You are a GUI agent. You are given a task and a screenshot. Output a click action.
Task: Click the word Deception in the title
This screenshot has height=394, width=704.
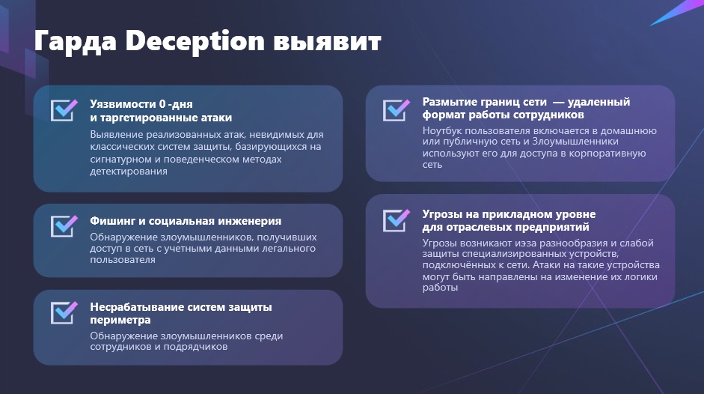[195, 42]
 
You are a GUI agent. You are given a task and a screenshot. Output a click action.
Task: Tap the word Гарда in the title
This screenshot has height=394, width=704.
[76, 42]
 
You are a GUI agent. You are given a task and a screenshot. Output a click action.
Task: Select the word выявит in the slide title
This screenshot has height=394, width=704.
[327, 42]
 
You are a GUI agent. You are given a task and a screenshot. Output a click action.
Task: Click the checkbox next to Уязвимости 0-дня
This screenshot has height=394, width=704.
[64, 110]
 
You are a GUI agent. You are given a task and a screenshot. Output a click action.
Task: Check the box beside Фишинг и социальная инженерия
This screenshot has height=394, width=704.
[64, 225]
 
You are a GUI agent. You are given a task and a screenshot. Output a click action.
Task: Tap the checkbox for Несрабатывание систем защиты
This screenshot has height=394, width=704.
[64, 312]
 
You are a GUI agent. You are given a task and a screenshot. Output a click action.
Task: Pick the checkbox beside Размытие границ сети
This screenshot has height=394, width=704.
[397, 110]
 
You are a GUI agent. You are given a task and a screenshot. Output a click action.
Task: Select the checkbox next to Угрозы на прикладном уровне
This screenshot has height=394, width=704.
[397, 220]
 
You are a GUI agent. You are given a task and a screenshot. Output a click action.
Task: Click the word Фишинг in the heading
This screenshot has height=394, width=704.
[112, 221]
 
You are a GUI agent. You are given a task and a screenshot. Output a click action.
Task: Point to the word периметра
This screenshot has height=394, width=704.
[120, 321]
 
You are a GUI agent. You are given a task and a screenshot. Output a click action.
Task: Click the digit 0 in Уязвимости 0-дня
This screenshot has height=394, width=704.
[162, 104]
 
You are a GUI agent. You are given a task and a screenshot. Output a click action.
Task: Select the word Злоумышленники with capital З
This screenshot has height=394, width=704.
[570, 142]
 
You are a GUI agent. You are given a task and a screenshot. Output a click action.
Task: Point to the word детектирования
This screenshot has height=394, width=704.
[129, 172]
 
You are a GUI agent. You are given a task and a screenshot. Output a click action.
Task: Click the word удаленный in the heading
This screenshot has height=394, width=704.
[599, 102]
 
